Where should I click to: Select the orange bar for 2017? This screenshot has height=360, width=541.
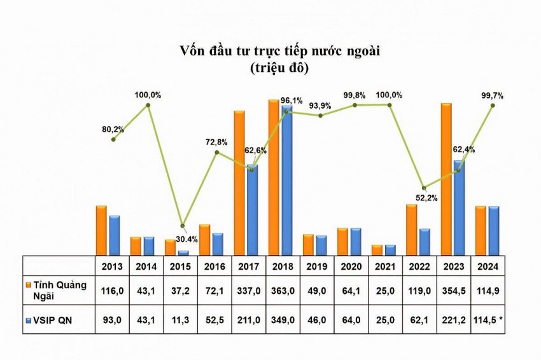point(239,183)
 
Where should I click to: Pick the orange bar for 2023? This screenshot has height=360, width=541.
point(446,179)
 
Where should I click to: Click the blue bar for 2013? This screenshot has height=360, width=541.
point(114,235)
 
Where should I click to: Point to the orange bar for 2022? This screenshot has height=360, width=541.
point(411,230)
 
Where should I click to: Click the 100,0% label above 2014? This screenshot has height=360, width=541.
point(148,95)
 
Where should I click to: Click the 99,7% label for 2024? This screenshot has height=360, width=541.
point(493,95)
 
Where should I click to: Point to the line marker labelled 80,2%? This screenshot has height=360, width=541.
point(113,139)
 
